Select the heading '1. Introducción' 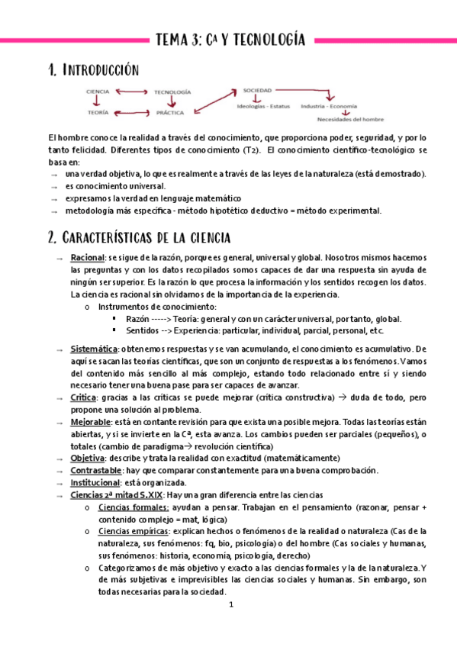pos(92,71)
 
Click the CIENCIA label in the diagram pos(98,92)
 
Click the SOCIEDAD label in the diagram pos(257,90)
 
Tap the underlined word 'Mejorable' pos(89,422)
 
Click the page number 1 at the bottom pos(229,604)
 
